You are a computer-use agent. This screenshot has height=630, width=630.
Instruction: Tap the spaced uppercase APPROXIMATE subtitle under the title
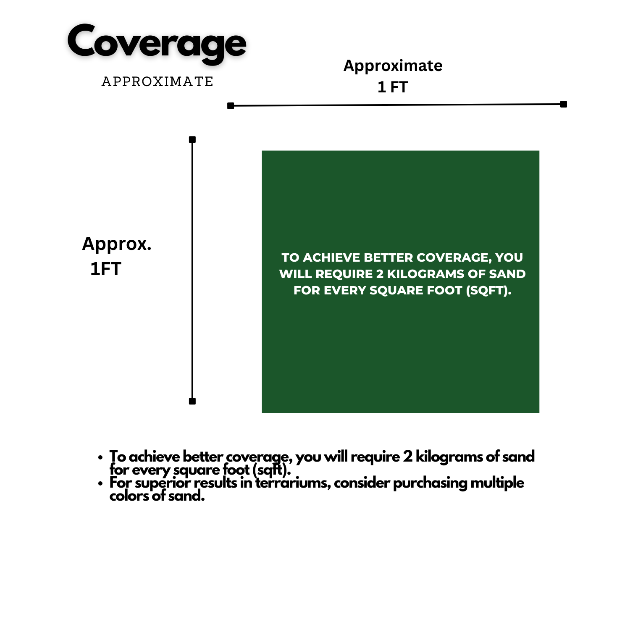[157, 81]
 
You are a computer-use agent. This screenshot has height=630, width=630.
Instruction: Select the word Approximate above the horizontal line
[393, 66]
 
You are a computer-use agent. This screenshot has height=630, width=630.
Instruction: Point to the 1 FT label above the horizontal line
[393, 87]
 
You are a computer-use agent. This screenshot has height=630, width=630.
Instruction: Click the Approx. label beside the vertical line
[117, 244]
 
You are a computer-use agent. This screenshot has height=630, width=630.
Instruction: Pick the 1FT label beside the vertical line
[106, 269]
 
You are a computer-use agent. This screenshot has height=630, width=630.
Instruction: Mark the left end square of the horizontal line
[231, 106]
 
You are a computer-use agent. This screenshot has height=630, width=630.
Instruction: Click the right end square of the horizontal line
[564, 104]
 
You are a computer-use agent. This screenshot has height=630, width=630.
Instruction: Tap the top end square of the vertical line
[192, 139]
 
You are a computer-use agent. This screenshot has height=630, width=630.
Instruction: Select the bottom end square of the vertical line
[192, 401]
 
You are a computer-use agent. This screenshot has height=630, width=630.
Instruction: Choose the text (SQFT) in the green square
[488, 291]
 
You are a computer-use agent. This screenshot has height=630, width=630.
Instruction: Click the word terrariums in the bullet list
[293, 483]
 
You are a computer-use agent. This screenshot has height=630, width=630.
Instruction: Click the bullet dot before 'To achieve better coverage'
[100, 457]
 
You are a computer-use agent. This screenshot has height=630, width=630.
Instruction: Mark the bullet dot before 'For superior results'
[100, 483]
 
